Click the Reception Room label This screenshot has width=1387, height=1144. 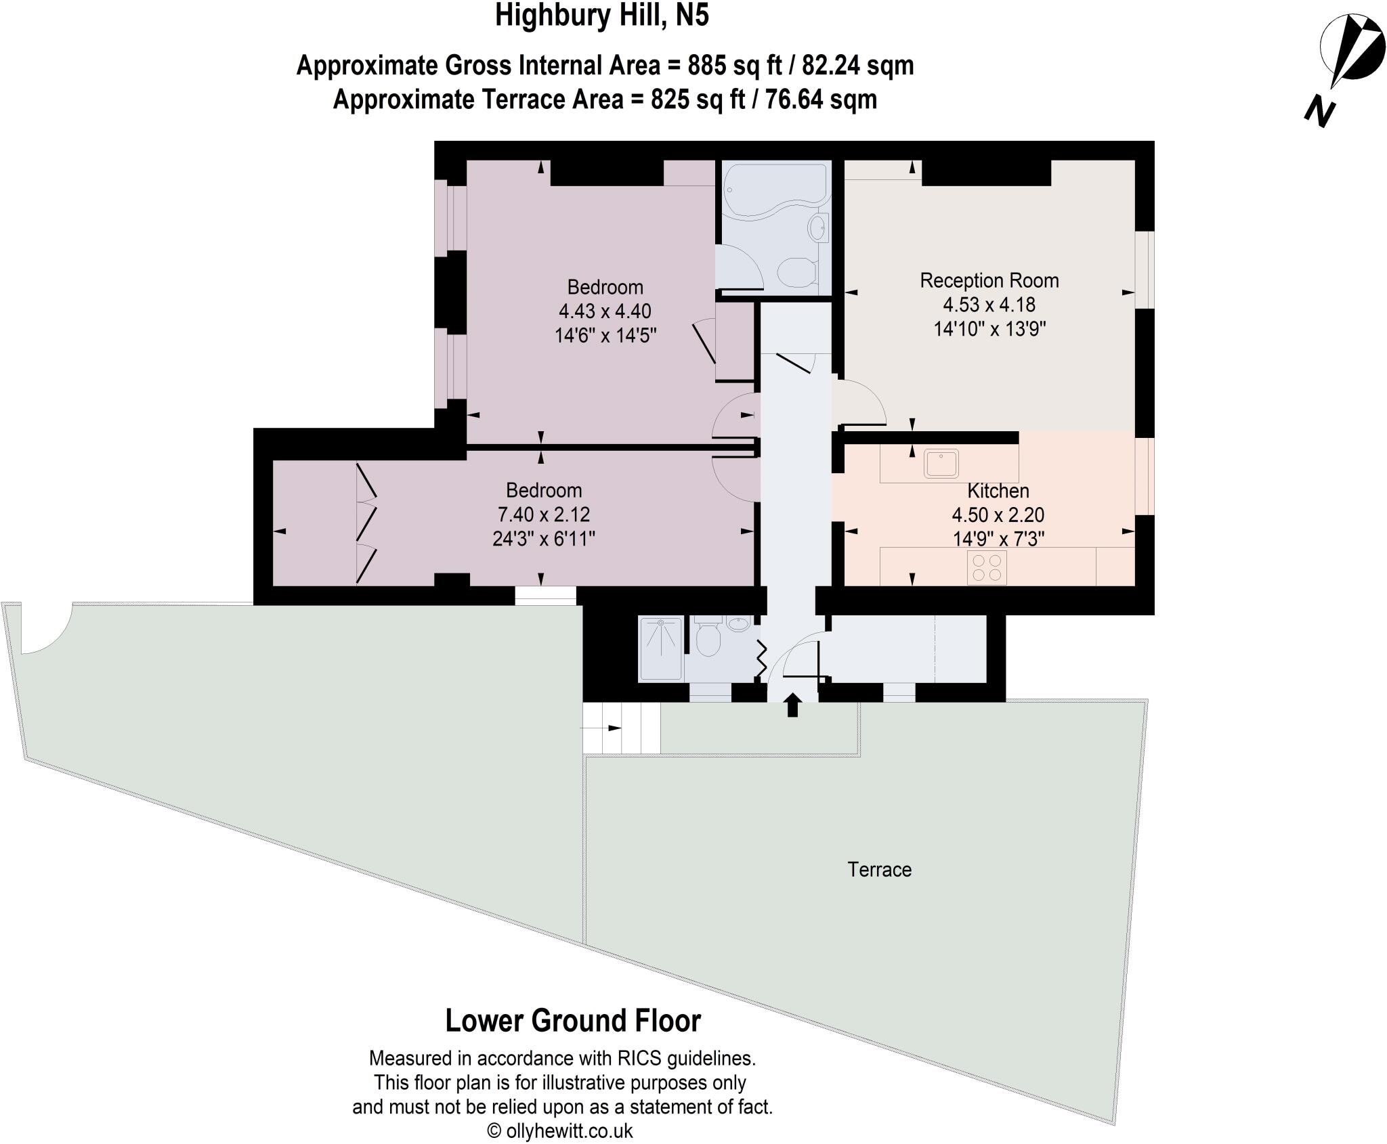coord(989,280)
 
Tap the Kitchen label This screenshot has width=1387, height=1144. coord(998,491)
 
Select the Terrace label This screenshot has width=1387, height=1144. coord(879,869)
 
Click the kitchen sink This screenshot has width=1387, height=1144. coord(941,464)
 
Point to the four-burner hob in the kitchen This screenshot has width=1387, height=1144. coord(987,567)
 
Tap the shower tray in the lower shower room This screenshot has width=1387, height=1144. coord(660,648)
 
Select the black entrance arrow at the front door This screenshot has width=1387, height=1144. coord(792,704)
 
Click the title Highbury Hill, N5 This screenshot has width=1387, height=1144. coord(602,16)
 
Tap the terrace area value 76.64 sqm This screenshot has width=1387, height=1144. coord(821,100)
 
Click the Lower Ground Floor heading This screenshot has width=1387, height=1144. coord(573,1021)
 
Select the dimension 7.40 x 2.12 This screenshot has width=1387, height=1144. coord(544,514)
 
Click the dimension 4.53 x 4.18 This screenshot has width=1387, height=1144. coord(989,305)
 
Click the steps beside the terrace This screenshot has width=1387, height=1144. coord(621,728)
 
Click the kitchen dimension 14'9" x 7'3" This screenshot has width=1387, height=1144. coord(998,539)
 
